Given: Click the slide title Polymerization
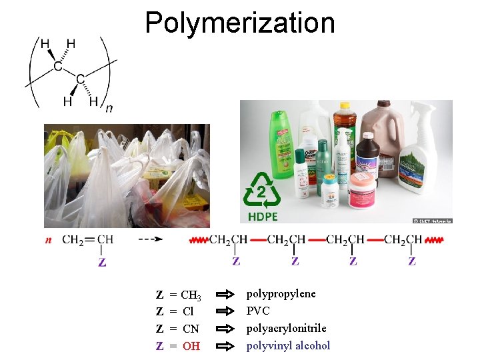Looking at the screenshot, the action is pyautogui.click(x=239, y=23).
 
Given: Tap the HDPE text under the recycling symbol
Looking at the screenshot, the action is pyautogui.click(x=263, y=217).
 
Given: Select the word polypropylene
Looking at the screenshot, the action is pyautogui.click(x=281, y=294).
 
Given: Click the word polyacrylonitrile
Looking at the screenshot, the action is pyautogui.click(x=286, y=328).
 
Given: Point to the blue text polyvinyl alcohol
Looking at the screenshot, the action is pyautogui.click(x=288, y=345).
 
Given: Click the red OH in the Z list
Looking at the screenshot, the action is pyautogui.click(x=191, y=346).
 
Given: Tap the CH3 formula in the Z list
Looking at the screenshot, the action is pyautogui.click(x=191, y=295).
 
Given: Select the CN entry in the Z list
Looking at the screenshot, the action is pyautogui.click(x=191, y=329).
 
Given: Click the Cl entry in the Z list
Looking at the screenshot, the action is pyautogui.click(x=188, y=312).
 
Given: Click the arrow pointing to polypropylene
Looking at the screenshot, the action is pyautogui.click(x=227, y=294).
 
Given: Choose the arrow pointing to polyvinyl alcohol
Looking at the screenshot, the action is pyautogui.click(x=227, y=345).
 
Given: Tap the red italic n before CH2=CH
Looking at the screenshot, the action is pyautogui.click(x=48, y=240).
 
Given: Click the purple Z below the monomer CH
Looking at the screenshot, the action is pyautogui.click(x=102, y=262).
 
